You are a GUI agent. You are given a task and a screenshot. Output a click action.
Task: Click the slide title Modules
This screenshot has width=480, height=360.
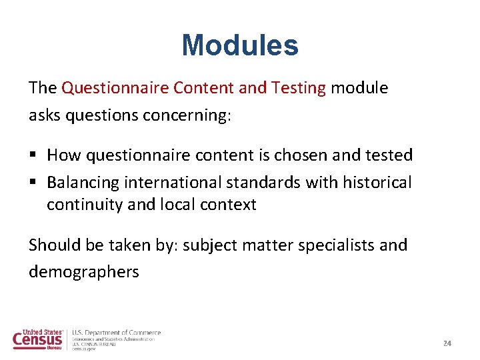[240, 45]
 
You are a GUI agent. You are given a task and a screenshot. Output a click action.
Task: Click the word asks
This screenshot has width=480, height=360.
[42, 115]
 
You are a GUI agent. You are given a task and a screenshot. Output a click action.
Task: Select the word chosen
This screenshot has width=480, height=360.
[295, 155]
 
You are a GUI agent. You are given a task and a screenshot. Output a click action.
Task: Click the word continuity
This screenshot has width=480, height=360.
[84, 205]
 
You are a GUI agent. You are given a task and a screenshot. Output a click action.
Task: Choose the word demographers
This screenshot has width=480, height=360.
[84, 272]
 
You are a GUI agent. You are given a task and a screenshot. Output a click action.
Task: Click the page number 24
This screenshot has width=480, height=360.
[447, 343]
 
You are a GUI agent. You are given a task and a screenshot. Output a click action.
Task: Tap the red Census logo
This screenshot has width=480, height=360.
[38, 339]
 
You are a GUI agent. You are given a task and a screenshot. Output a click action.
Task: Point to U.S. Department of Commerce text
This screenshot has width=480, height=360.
[117, 333]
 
